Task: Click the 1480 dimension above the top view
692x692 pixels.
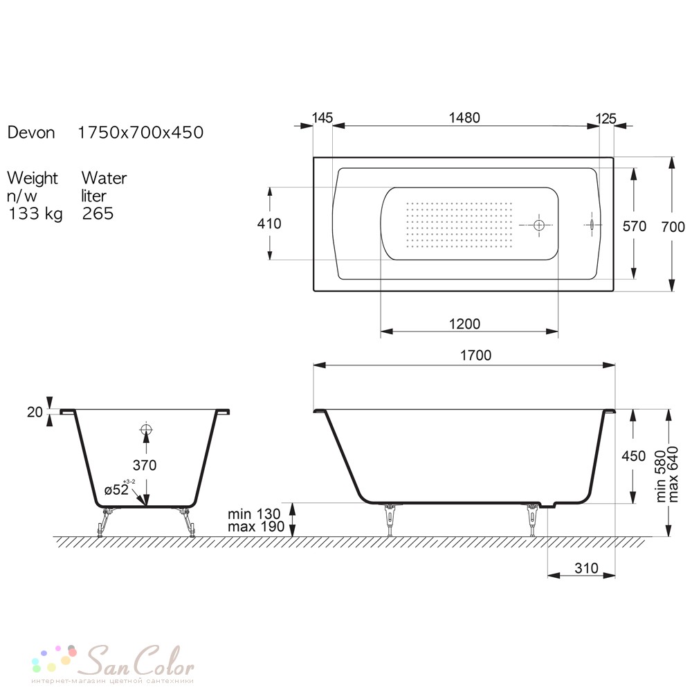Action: (464, 118)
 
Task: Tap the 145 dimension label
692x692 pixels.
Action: (322, 118)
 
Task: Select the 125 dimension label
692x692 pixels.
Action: (605, 119)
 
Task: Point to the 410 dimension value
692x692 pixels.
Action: (269, 224)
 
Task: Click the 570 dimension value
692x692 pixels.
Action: (634, 226)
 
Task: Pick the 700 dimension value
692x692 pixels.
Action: (673, 227)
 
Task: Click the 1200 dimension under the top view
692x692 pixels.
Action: (464, 324)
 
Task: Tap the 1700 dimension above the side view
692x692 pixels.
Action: (476, 355)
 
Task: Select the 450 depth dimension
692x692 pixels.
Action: (634, 456)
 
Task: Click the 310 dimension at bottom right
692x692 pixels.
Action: (587, 568)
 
